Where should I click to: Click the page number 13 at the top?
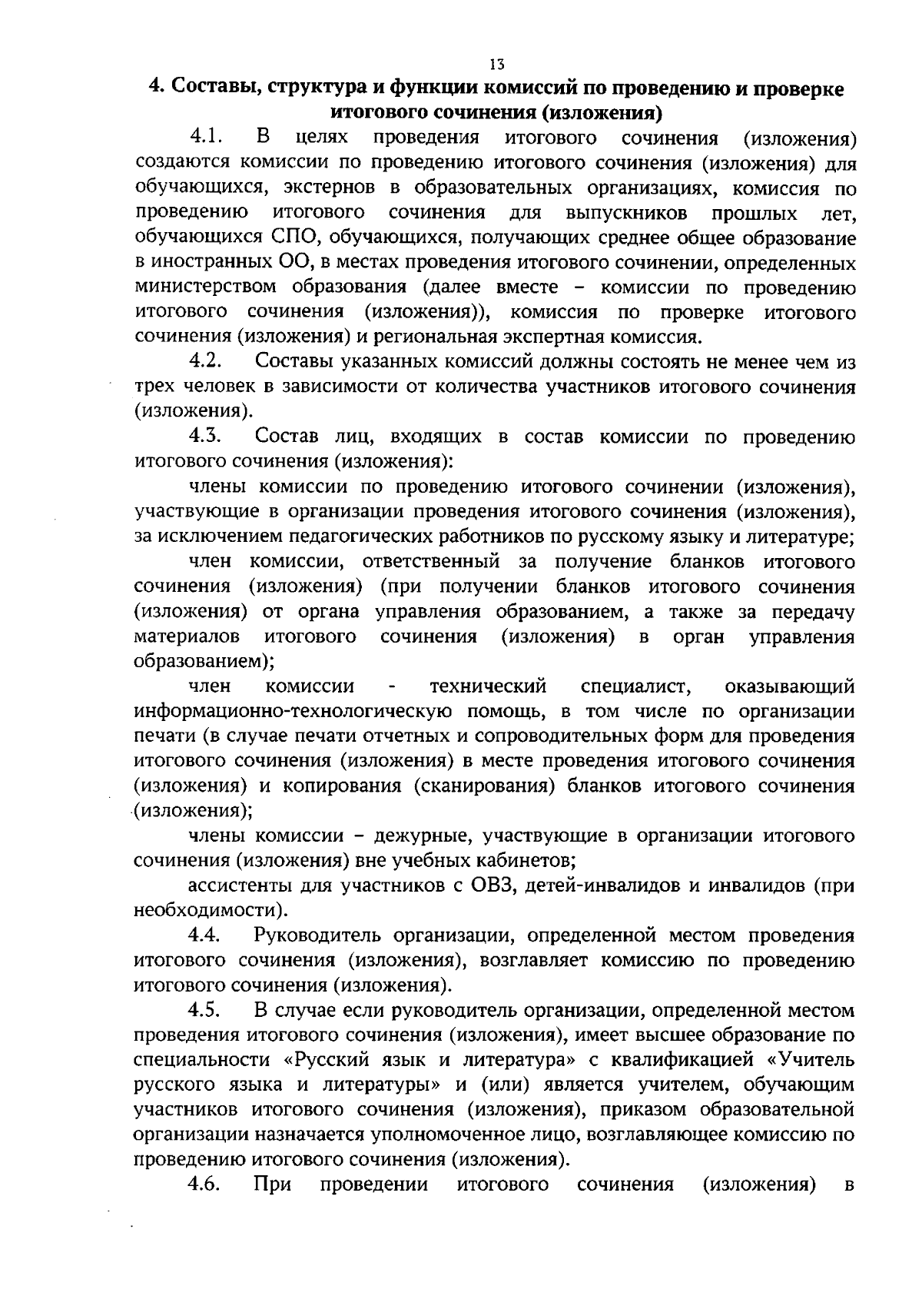[496, 64]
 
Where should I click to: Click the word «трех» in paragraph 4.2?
[157, 387]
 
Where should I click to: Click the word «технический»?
[489, 686]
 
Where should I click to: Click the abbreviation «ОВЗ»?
[486, 885]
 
